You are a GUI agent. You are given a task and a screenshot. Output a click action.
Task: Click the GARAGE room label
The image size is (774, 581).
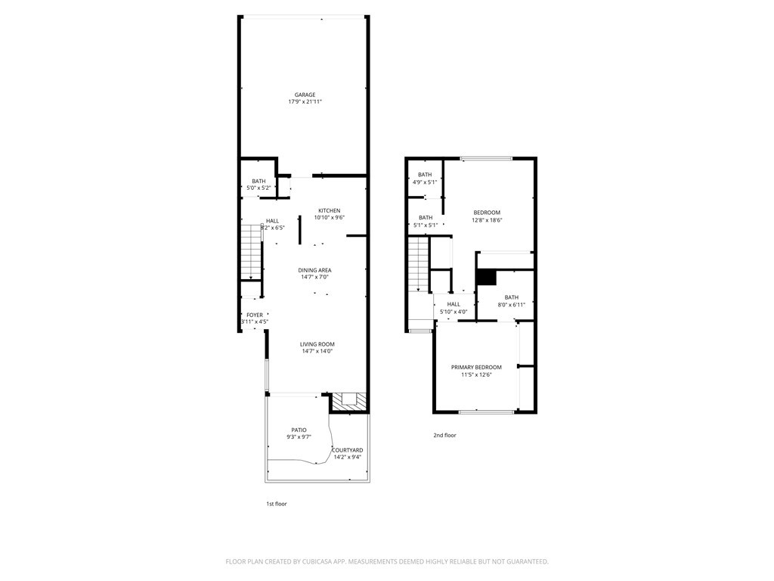(x=305, y=95)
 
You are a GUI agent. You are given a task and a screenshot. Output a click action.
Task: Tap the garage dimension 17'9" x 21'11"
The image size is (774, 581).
(x=305, y=102)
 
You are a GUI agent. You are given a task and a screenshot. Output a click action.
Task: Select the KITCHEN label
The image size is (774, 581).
(x=329, y=210)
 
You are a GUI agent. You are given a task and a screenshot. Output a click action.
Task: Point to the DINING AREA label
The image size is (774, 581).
(x=314, y=270)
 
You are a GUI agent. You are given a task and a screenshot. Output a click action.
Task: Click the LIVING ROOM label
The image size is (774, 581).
(x=317, y=344)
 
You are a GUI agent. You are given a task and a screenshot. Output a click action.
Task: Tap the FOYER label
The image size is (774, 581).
(x=255, y=315)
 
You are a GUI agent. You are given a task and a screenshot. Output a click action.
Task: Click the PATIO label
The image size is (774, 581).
(x=299, y=430)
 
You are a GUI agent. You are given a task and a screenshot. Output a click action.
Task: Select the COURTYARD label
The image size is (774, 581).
(x=348, y=450)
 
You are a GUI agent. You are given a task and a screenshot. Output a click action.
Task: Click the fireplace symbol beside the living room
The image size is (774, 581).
(x=349, y=401)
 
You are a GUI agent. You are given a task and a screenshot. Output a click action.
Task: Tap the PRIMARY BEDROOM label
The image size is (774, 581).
(x=476, y=368)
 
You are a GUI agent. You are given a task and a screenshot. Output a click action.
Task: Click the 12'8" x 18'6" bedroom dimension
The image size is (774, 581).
(x=488, y=220)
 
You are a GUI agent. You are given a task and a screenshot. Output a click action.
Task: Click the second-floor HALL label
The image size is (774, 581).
(x=454, y=304)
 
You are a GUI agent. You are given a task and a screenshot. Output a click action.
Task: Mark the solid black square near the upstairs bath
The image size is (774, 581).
(x=486, y=277)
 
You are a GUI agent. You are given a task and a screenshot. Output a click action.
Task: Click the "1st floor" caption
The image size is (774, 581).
(x=276, y=504)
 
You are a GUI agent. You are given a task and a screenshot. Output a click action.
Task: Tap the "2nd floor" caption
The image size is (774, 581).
(x=444, y=435)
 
